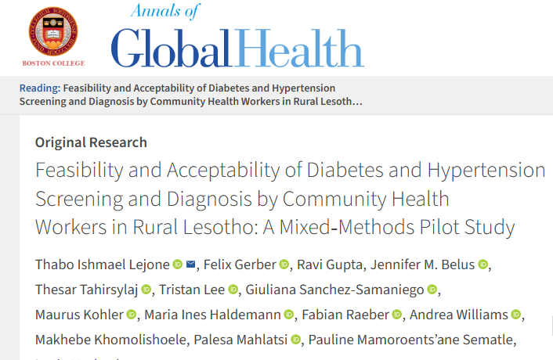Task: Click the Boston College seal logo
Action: click(x=54, y=30)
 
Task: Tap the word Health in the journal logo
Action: click(x=299, y=48)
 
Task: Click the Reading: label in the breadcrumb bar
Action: click(x=38, y=88)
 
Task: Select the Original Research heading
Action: click(x=91, y=142)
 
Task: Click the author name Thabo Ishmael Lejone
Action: click(x=103, y=265)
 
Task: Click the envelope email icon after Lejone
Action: click(x=191, y=265)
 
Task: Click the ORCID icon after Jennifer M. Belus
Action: click(x=483, y=265)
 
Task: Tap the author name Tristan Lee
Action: click(x=193, y=290)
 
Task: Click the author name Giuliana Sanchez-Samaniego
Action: click(x=335, y=290)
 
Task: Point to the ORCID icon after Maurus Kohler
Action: click(x=131, y=315)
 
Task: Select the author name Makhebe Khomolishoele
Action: click(x=105, y=340)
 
